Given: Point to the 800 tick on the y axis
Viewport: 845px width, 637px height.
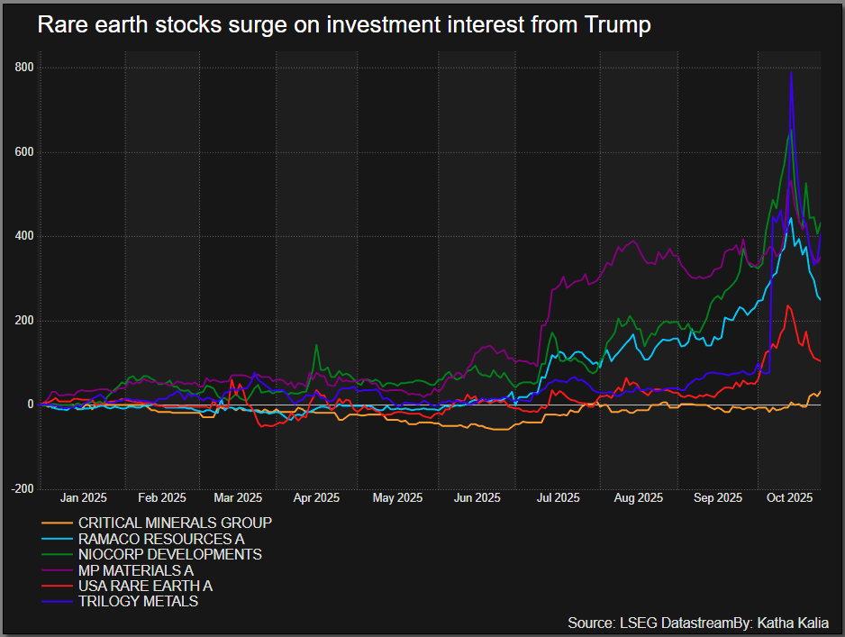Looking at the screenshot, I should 24,68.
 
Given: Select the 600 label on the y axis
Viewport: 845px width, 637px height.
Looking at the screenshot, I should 24,152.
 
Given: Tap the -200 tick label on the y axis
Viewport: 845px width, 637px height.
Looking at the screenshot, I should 23,489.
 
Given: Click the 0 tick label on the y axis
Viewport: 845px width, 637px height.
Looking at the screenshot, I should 30,405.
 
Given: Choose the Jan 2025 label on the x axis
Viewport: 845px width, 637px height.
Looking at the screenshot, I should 83,497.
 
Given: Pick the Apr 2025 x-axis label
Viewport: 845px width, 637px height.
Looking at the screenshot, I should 316,497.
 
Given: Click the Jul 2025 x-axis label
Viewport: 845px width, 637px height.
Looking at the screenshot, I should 557,497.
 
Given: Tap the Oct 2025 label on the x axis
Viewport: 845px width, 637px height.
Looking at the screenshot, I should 789,497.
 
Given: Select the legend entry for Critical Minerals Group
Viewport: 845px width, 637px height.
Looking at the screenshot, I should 175,523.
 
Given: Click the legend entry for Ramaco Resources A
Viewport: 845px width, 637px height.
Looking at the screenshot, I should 161,539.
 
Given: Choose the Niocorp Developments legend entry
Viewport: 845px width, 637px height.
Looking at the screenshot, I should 170,554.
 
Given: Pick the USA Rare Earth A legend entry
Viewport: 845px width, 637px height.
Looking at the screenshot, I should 145,586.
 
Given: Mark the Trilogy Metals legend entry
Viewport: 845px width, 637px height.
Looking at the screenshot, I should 138,601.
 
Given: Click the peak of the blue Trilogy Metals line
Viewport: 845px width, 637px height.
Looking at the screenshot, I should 791,74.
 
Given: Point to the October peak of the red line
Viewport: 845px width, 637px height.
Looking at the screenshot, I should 788,305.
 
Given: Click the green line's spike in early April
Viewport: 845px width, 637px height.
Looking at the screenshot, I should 316,345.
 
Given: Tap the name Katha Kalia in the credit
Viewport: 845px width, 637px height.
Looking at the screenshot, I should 793,623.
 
